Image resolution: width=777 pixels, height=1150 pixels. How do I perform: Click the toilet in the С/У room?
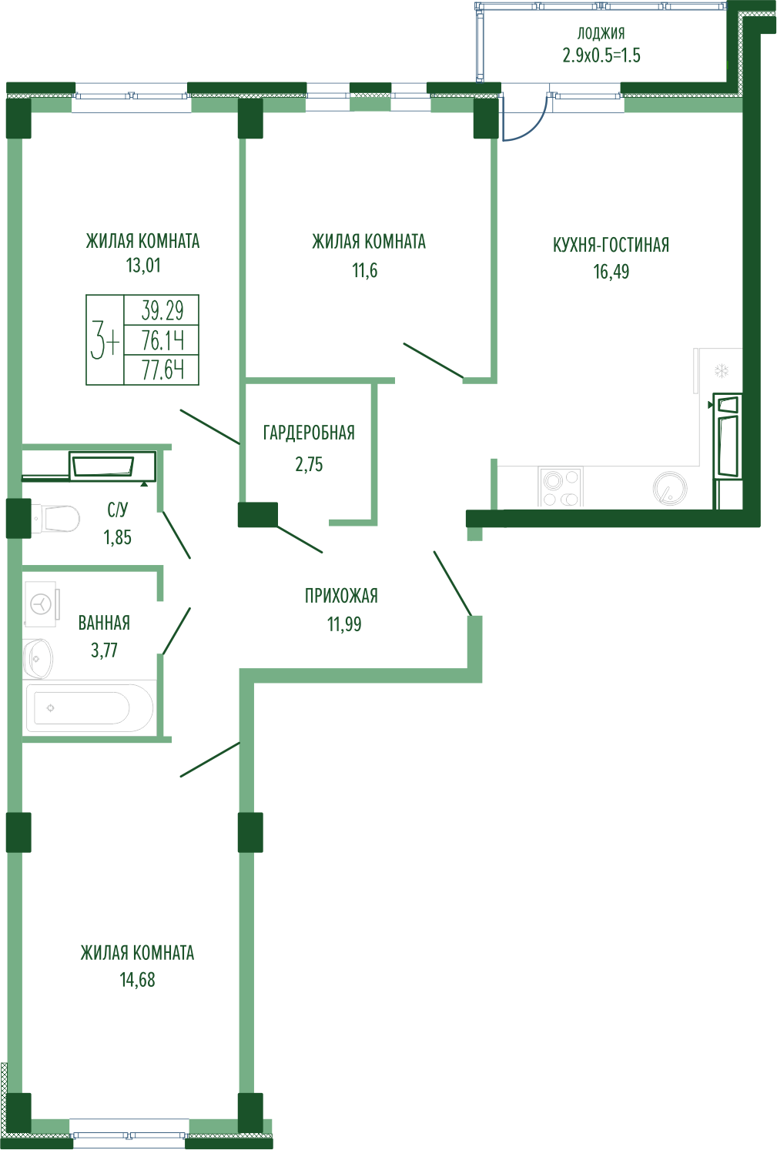pyautogui.click(x=55, y=519)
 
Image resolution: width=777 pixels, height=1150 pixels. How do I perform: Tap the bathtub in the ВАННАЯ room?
pyautogui.click(x=89, y=708)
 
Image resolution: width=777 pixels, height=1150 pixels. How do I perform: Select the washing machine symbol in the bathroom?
pyautogui.click(x=42, y=603)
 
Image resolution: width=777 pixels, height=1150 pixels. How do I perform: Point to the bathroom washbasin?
pyautogui.click(x=38, y=658)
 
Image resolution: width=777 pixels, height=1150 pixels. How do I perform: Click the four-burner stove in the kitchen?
pyautogui.click(x=560, y=486)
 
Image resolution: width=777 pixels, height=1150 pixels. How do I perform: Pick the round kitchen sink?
pyautogui.click(x=670, y=488)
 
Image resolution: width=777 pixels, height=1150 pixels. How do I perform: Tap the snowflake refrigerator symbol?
pyautogui.click(x=722, y=371)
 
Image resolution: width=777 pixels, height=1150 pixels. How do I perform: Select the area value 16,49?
pyautogui.click(x=611, y=272)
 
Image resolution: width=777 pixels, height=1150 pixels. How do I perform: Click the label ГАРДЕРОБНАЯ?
pyautogui.click(x=309, y=433)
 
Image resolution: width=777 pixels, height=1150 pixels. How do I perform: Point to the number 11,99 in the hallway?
pyautogui.click(x=344, y=623)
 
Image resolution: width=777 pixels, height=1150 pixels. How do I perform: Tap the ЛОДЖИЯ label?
pyautogui.click(x=601, y=34)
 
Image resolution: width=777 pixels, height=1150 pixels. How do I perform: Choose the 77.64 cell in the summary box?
pyautogui.click(x=162, y=369)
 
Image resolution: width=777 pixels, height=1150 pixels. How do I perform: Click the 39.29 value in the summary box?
pyautogui.click(x=162, y=310)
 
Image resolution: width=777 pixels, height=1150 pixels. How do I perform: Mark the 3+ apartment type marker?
pyautogui.click(x=105, y=340)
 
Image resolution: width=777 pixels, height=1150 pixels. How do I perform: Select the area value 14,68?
pyautogui.click(x=137, y=980)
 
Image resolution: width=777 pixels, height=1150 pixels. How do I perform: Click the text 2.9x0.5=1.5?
pyautogui.click(x=601, y=55)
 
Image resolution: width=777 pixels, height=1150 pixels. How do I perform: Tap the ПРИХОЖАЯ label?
pyautogui.click(x=341, y=596)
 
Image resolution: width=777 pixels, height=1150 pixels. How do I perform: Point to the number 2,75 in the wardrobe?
pyautogui.click(x=309, y=465)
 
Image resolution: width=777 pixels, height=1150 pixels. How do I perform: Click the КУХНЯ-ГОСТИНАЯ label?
pyautogui.click(x=611, y=245)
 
